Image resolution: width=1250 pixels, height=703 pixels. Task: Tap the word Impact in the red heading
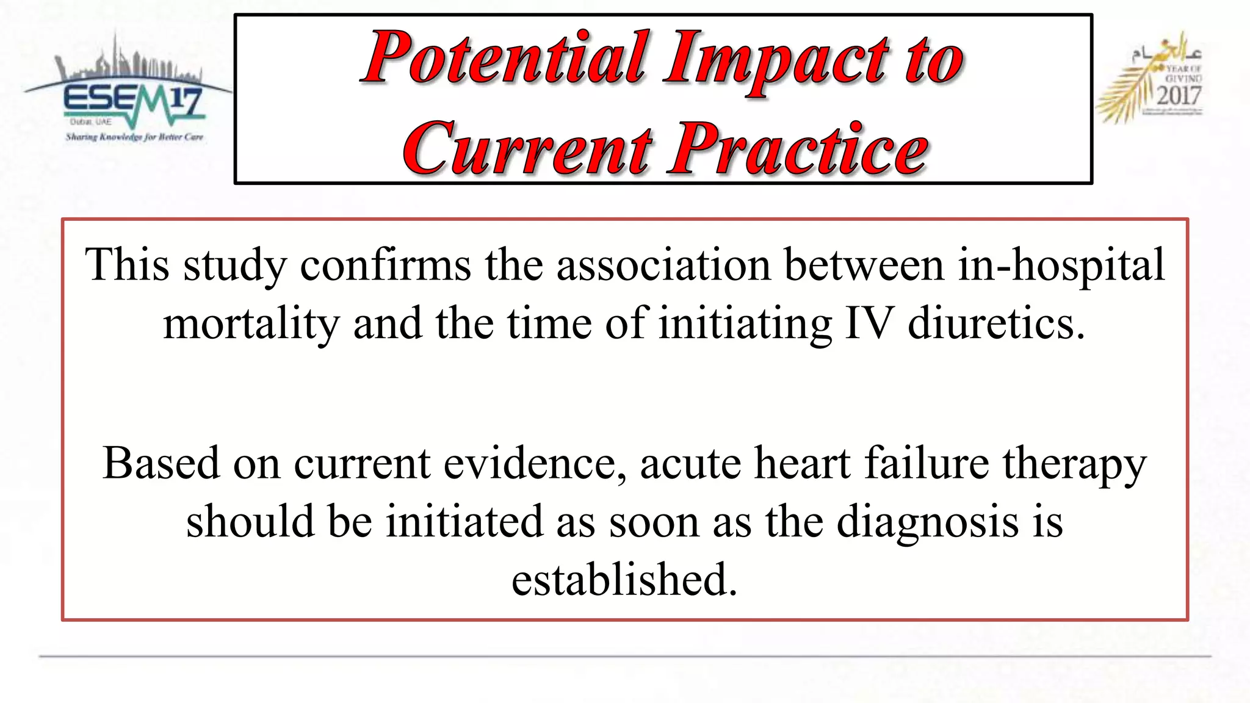(x=775, y=58)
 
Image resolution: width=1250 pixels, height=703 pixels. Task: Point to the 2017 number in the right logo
(x=1179, y=96)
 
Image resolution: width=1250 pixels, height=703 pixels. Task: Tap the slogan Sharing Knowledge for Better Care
(x=134, y=137)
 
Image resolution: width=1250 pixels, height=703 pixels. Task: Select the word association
(x=663, y=265)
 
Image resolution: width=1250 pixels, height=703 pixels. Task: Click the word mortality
(x=251, y=323)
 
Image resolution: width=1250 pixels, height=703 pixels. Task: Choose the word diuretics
(x=996, y=323)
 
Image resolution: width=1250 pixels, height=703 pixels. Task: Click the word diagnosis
(x=927, y=522)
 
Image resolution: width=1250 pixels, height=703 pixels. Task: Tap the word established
(x=624, y=580)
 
